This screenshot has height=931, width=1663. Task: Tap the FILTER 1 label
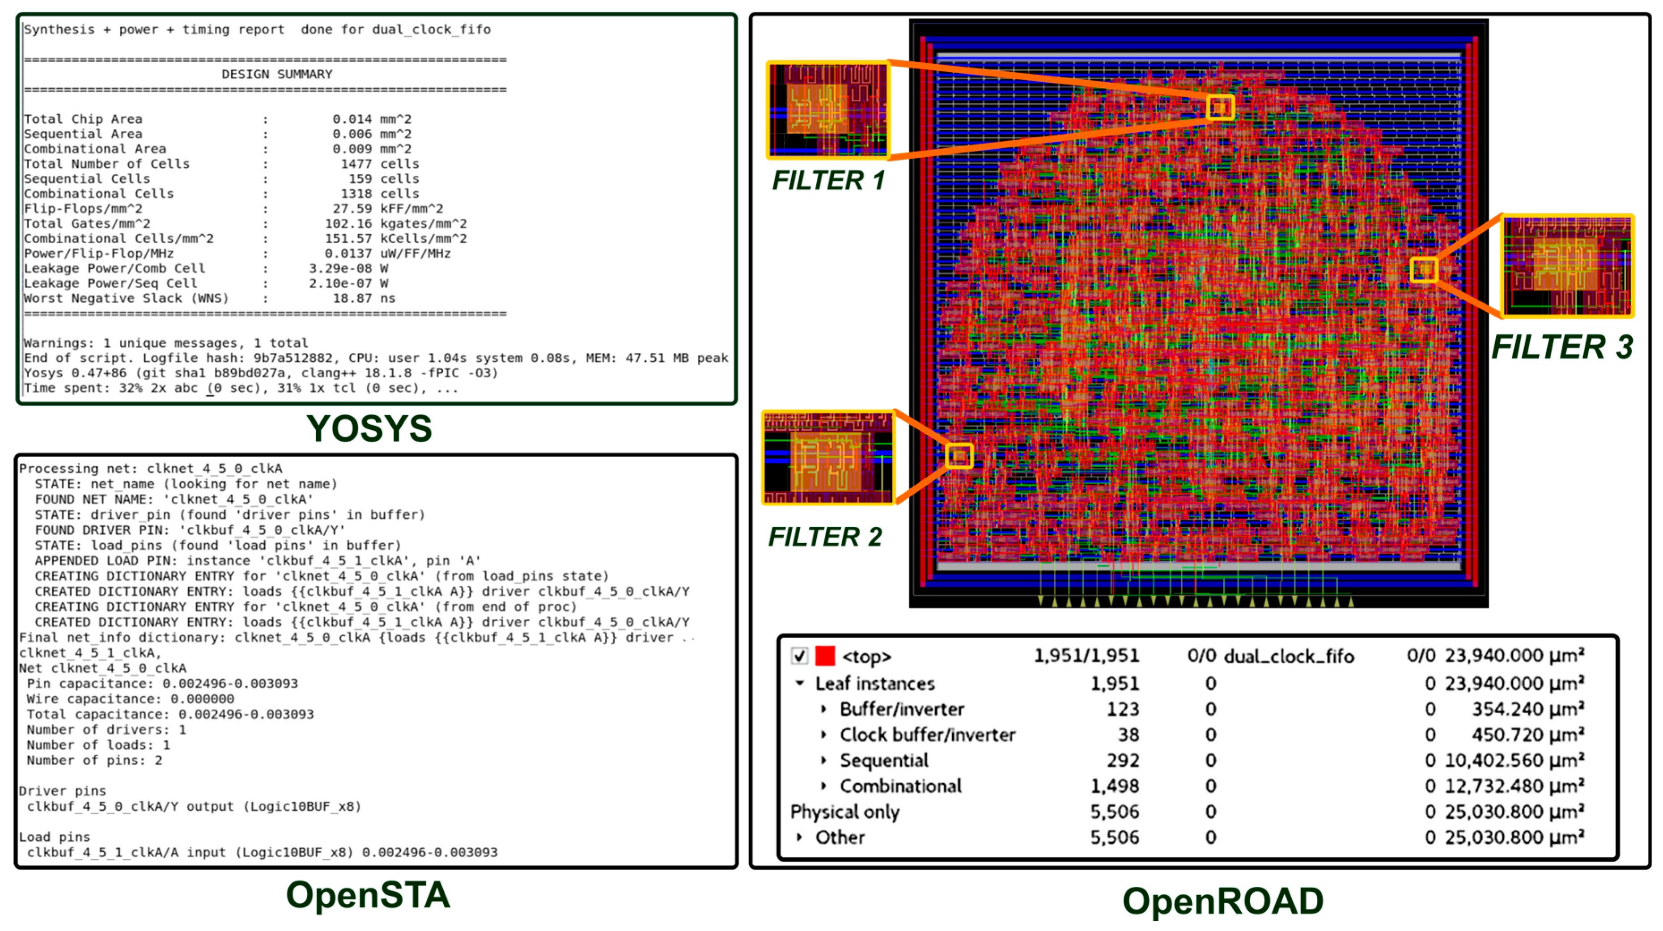[x=828, y=181]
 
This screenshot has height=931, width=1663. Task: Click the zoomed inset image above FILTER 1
[x=827, y=110]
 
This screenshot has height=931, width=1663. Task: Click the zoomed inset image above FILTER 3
[x=1567, y=266]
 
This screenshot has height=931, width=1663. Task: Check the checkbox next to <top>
[x=799, y=656]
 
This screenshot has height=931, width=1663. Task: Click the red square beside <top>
[x=825, y=656]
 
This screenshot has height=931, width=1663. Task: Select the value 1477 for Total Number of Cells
[x=356, y=164]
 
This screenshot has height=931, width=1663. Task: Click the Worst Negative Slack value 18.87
[x=352, y=298]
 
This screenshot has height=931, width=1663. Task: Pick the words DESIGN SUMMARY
[x=277, y=74]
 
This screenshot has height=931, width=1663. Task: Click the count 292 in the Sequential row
[x=1123, y=761]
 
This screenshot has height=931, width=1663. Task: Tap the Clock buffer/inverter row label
[x=927, y=735]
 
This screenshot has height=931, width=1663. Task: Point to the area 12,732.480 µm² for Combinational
[x=1514, y=786]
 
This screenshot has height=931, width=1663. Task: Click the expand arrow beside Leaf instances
[x=800, y=683]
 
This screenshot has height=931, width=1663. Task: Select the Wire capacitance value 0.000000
[x=202, y=699]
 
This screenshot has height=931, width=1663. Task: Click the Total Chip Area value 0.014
[x=352, y=118]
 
